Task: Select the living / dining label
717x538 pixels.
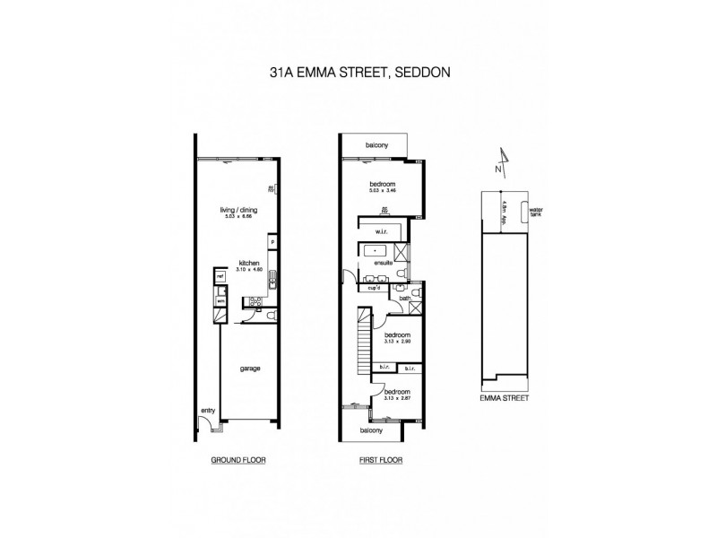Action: [x=238, y=213]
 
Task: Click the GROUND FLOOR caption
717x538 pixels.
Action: [x=238, y=460]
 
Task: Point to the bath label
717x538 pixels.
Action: [x=404, y=299]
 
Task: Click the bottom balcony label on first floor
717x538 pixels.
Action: [x=372, y=430]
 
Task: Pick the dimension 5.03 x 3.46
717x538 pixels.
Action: [x=382, y=191]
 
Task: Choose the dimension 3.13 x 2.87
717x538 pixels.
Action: [x=396, y=399]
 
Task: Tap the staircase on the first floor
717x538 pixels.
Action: [x=361, y=345]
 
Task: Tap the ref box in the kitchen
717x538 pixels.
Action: [x=217, y=278]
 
